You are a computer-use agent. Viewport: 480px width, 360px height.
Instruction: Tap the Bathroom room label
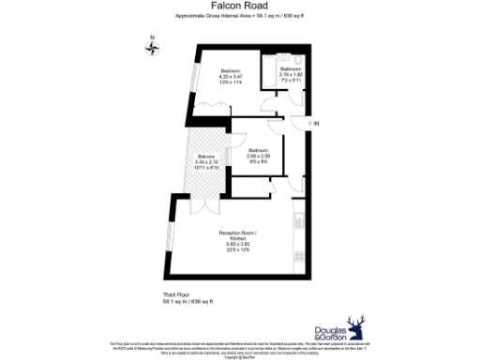(290, 69)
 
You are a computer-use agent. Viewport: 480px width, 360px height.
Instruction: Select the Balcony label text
(205, 157)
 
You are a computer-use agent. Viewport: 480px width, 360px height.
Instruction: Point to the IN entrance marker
(317, 124)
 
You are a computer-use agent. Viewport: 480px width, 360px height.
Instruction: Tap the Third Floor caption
(177, 295)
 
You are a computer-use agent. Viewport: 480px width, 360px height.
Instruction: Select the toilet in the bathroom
(271, 73)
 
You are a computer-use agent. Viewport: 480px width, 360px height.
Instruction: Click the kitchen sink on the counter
(297, 222)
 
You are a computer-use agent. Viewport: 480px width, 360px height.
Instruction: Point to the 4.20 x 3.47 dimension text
(231, 77)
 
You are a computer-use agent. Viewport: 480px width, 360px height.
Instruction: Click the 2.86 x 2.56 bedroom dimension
(259, 156)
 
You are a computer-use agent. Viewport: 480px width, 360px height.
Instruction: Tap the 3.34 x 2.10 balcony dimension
(205, 162)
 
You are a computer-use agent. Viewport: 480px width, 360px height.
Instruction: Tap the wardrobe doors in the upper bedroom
(208, 109)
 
